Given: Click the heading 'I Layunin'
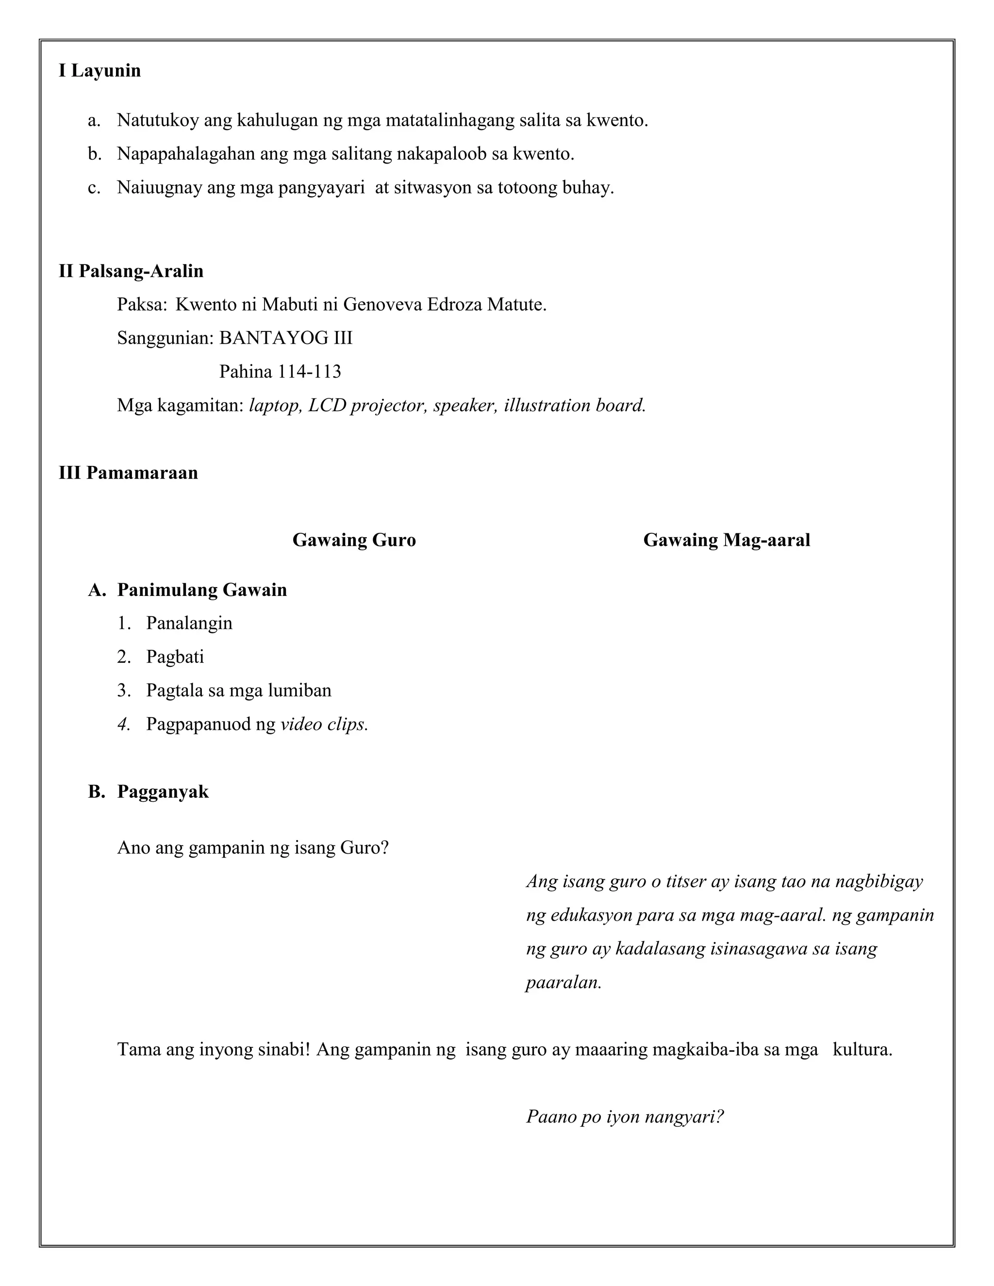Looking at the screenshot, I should point(99,71).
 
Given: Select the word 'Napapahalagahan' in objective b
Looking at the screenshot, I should point(185,154).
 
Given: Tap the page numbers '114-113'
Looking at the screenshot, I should point(310,372).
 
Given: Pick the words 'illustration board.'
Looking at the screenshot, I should point(575,405).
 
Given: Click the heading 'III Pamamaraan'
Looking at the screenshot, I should point(128,473).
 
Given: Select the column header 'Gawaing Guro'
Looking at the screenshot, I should point(354,540).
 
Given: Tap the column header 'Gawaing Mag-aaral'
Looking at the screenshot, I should point(727,540).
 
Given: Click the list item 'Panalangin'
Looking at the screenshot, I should point(189,623).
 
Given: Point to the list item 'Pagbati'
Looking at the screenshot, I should point(175,657).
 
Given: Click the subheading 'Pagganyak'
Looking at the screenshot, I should point(163,791).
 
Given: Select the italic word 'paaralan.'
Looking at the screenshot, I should point(563,982).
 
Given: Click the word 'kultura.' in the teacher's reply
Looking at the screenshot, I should point(862,1049).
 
